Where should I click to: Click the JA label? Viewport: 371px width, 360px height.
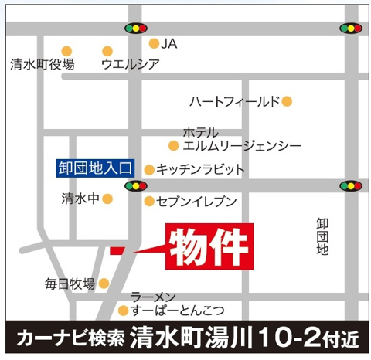169,44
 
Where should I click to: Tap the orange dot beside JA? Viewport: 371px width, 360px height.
154,44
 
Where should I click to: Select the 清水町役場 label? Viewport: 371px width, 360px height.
43,65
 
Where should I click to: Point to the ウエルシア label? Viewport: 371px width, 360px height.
131,65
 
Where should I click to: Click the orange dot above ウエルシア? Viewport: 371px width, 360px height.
107,51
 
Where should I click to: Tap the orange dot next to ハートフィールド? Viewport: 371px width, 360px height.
287,101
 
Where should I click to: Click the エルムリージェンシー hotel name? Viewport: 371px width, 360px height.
241,145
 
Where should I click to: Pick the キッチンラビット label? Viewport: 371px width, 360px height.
199,168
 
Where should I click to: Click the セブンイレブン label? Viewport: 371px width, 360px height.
196,202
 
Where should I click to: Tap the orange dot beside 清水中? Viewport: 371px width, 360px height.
107,199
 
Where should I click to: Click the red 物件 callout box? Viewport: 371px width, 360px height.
209,246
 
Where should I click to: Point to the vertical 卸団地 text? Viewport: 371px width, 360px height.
322,237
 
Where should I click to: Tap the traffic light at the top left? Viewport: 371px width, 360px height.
136,29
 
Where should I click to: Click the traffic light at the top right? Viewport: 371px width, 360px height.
351,29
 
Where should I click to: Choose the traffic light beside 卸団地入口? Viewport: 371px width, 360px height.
136,185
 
